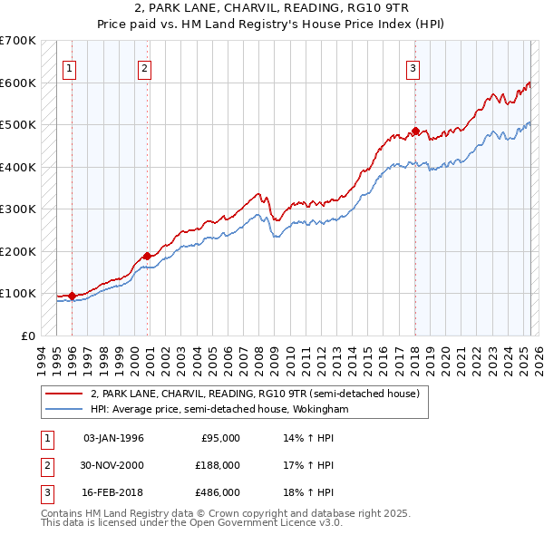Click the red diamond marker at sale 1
(72, 296)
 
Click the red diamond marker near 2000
(147, 257)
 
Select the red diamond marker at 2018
(415, 131)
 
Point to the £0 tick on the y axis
(25, 336)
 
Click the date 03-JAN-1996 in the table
(113, 438)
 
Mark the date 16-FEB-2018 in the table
(113, 492)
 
